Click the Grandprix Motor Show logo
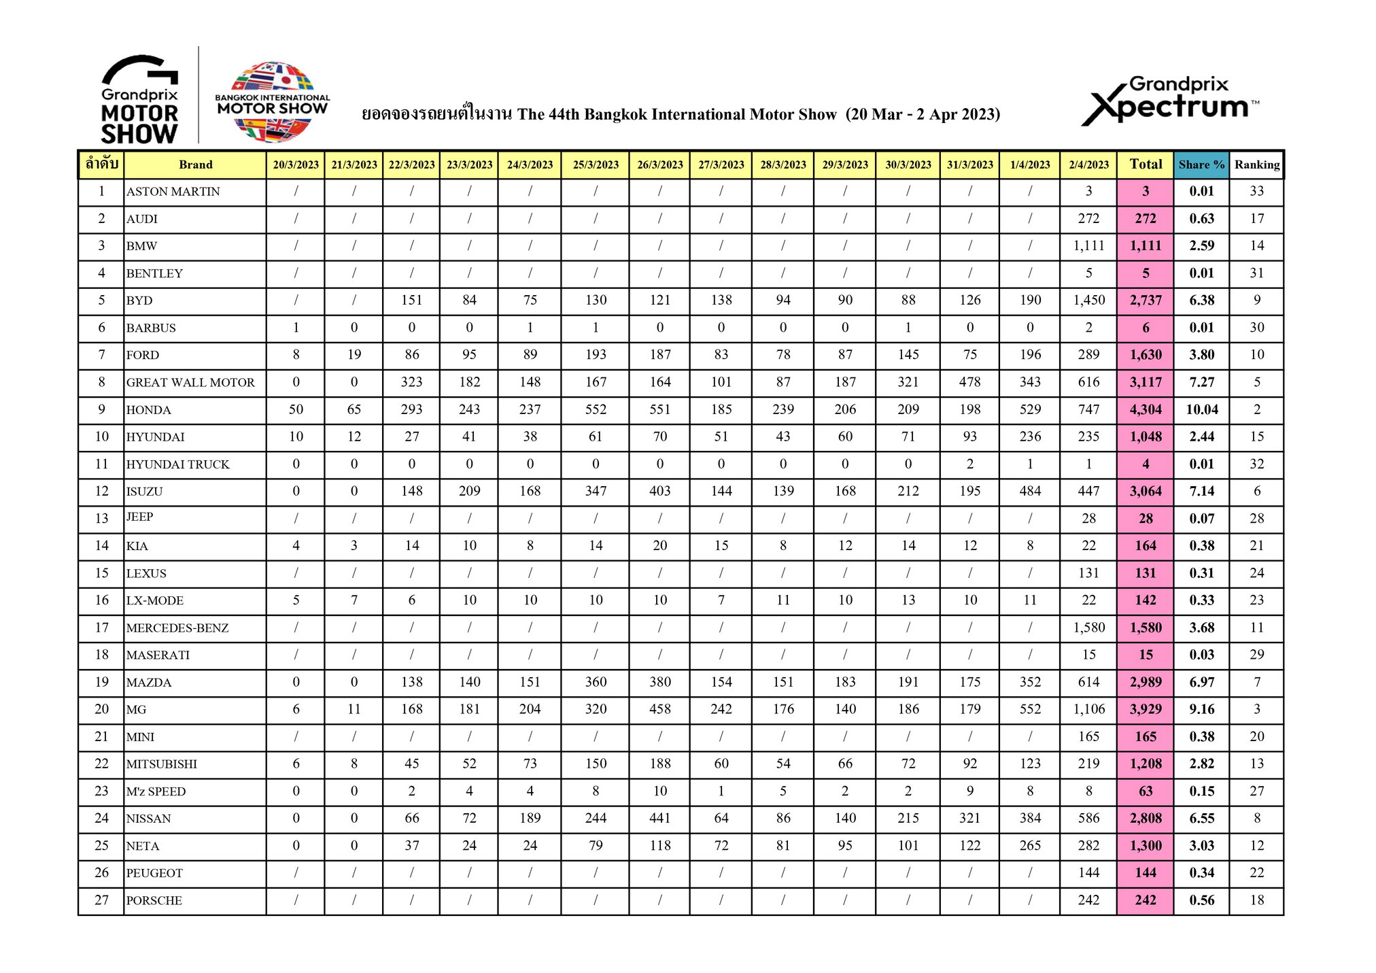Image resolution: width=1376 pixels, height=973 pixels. (139, 100)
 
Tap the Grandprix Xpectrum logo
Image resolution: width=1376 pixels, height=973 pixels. (1170, 101)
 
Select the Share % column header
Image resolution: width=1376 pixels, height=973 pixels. (1201, 165)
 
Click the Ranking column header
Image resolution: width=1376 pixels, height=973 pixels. (1256, 165)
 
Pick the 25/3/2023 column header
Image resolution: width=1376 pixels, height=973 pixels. (596, 165)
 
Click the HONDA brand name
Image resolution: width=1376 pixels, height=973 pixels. (149, 410)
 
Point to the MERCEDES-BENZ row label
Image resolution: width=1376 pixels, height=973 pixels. (177, 628)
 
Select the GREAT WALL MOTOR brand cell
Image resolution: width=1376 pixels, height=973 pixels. (190, 383)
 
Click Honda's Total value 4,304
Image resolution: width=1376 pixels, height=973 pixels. (1146, 410)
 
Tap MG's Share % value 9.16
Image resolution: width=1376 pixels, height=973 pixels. (1201, 709)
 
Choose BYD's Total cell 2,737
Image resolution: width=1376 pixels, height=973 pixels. (1146, 301)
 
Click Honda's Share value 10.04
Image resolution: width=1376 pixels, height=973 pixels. (1201, 410)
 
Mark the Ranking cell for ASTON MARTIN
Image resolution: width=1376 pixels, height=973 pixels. (1256, 192)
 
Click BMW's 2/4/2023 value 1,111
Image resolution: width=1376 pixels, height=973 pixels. (1088, 246)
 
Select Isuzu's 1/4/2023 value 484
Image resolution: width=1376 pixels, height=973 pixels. (1030, 492)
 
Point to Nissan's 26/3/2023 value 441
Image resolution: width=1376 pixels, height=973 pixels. (659, 819)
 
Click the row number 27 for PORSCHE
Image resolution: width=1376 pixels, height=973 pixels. (101, 900)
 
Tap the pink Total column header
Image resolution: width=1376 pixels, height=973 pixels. (1146, 165)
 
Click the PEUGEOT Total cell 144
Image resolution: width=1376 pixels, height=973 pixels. (1146, 873)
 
